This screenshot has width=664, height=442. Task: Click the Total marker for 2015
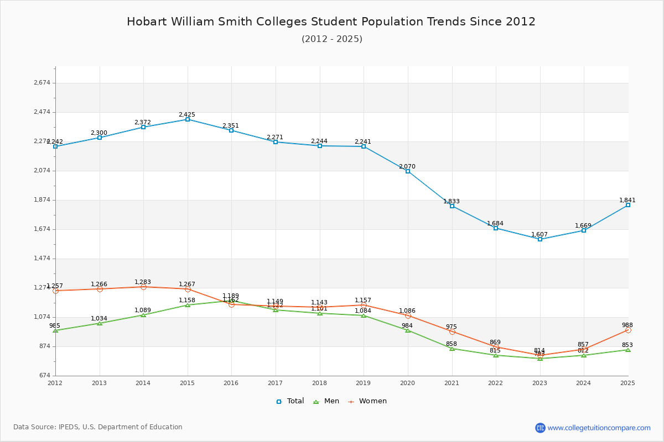point(188,119)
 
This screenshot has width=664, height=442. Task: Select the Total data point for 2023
point(540,239)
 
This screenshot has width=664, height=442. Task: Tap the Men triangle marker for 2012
point(55,330)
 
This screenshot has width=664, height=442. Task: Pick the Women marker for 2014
point(143,287)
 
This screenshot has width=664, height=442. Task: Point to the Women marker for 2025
point(628,330)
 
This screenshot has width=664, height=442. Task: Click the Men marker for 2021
point(452,349)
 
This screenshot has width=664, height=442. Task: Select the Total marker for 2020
point(408,171)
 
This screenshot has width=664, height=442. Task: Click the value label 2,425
point(187,114)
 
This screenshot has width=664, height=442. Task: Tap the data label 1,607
point(539,234)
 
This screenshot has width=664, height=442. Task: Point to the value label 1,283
point(143,282)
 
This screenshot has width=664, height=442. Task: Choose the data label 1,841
point(627,200)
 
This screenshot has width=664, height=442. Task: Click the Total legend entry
point(290,401)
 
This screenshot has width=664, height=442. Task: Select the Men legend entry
point(326,401)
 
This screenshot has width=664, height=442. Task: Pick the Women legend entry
point(367,401)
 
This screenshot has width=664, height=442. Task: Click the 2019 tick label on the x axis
point(364,382)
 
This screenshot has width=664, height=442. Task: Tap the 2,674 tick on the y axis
point(42,83)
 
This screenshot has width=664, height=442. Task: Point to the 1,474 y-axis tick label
point(42,259)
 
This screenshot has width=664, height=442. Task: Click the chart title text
point(331,22)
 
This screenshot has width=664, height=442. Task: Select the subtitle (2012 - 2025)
point(332,39)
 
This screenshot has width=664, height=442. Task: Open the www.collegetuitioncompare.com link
point(599,428)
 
